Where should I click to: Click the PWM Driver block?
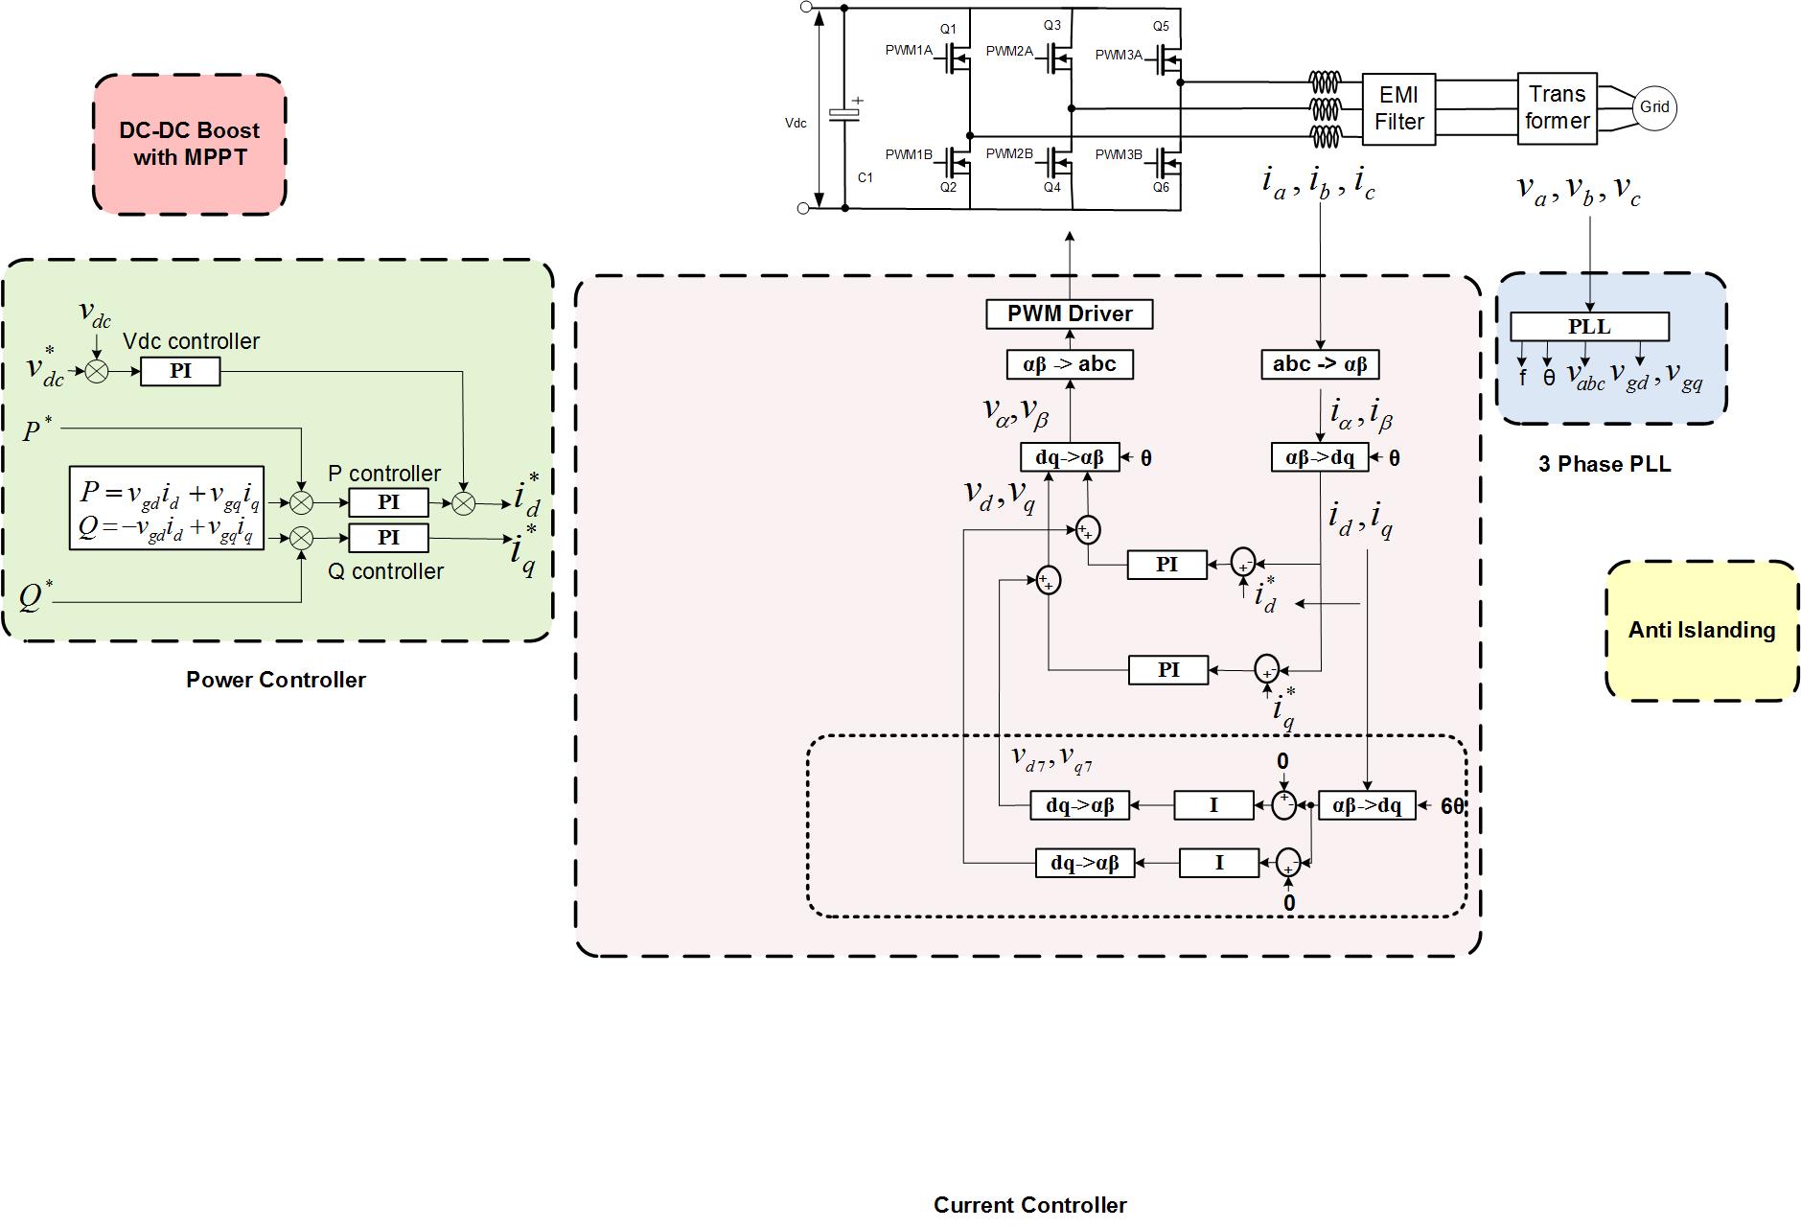point(1070,313)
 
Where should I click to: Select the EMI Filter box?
point(1398,108)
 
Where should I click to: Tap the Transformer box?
point(1557,108)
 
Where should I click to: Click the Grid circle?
point(1654,107)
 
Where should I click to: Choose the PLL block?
point(1588,326)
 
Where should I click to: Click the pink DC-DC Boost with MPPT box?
point(190,144)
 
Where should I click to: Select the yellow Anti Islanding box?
point(1701,630)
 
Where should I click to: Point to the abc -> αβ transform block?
point(1319,364)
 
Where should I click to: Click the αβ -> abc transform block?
point(1070,364)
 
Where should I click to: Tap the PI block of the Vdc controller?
point(180,371)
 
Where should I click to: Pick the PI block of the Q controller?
point(388,538)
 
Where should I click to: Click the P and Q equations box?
point(167,508)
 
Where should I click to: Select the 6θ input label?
point(1452,806)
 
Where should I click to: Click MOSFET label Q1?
point(948,30)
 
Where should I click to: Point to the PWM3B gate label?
point(1119,154)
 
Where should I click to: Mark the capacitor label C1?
point(865,177)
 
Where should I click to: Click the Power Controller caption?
point(276,680)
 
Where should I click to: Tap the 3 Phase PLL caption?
point(1605,465)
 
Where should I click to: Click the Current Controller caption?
point(1029,1205)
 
